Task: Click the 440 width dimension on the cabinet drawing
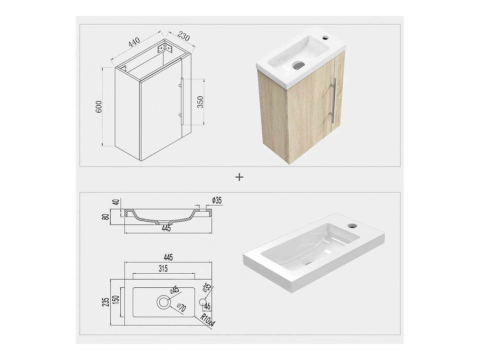pos(134,43)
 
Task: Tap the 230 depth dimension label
pos(183,36)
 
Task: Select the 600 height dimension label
pos(99,107)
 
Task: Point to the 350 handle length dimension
pos(200,102)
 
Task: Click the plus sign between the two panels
pos(239,177)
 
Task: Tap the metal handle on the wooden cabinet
pos(333,100)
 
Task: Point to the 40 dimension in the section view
pos(117,202)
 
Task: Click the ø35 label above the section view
pos(217,200)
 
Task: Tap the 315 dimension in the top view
pos(163,268)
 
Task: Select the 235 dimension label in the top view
pos(106,302)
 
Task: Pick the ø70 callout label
pos(181,308)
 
